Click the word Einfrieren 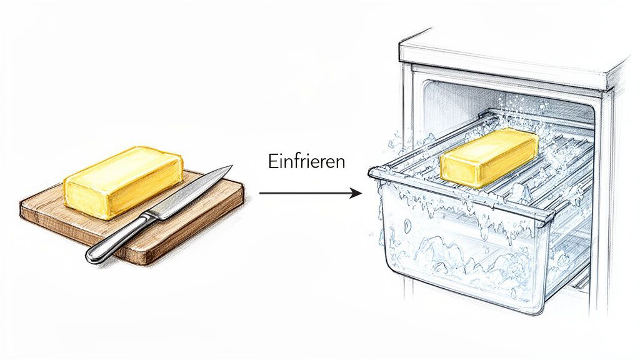(x=306, y=161)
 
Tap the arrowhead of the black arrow (x=356, y=193)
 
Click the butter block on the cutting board (x=123, y=182)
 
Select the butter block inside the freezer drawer (x=489, y=157)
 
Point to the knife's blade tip (x=231, y=166)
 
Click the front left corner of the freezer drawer (x=374, y=174)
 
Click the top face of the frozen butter (x=490, y=143)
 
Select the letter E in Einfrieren (x=272, y=161)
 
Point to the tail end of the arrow (x=260, y=193)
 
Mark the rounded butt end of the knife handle (x=91, y=256)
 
